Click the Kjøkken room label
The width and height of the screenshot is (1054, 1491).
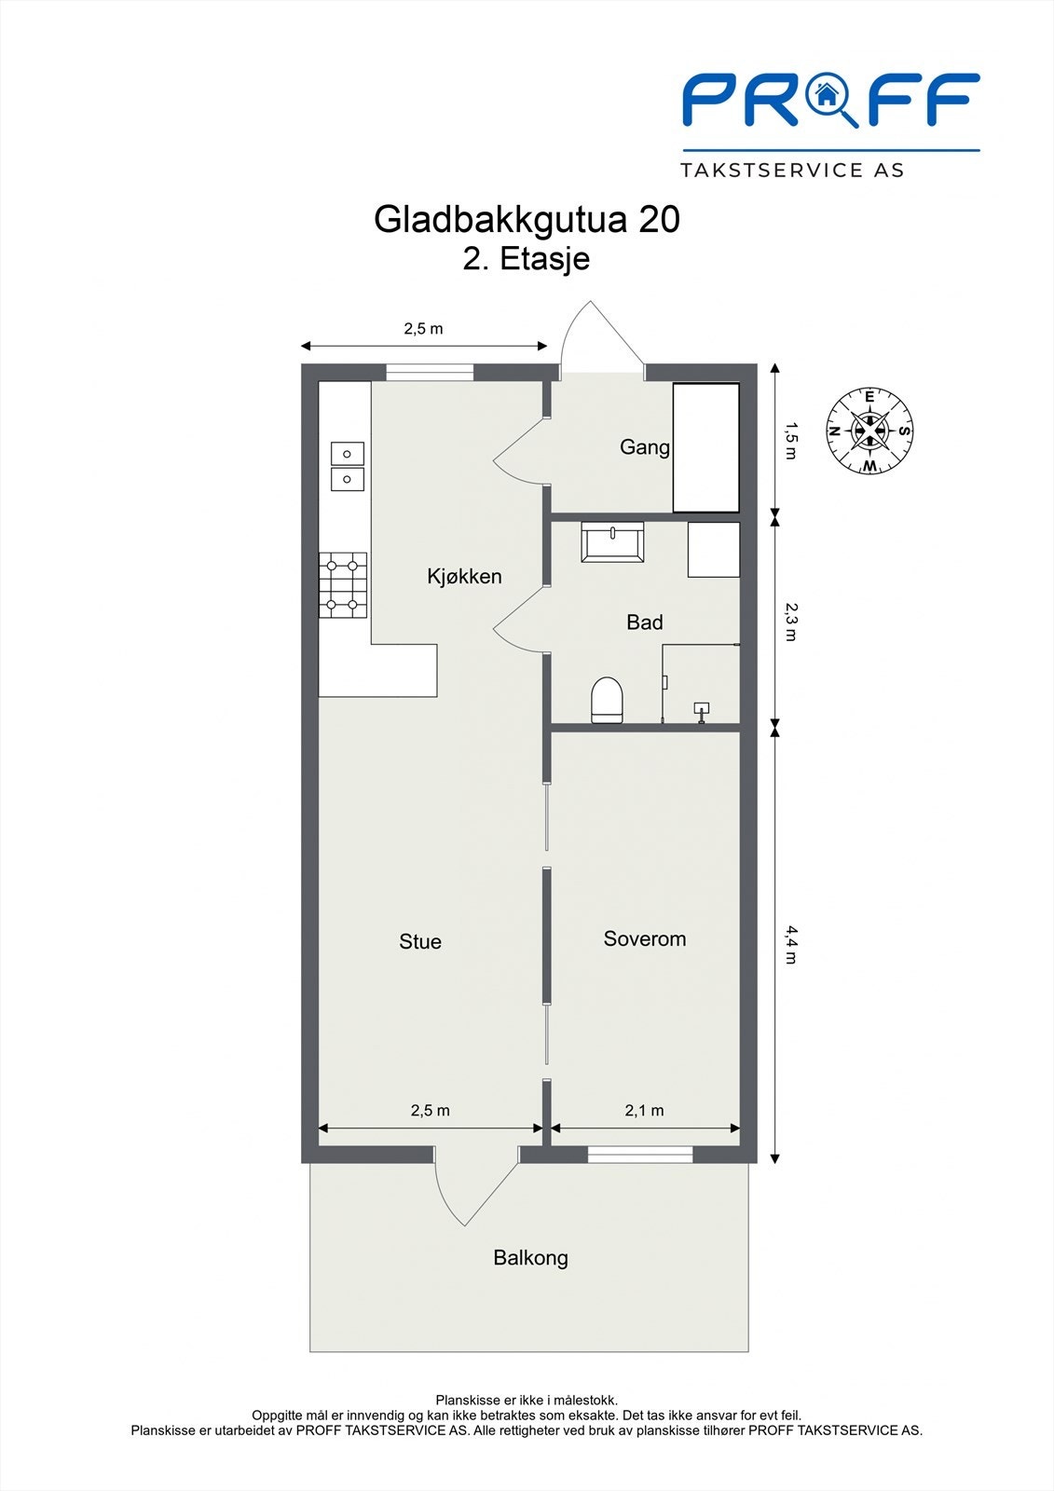click(464, 576)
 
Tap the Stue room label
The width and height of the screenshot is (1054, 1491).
click(420, 941)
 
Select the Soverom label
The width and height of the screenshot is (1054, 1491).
click(645, 938)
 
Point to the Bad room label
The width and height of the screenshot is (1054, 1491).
click(645, 622)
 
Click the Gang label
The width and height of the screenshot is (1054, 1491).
click(645, 447)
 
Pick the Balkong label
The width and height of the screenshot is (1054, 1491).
click(530, 1258)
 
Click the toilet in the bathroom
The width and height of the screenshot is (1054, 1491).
click(607, 700)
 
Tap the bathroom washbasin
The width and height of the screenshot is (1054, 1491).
click(612, 541)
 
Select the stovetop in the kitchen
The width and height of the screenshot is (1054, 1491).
click(343, 585)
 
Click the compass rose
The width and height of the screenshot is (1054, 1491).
click(869, 431)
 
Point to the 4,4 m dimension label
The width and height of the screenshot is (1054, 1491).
click(791, 945)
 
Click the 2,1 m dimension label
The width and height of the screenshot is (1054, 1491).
click(644, 1110)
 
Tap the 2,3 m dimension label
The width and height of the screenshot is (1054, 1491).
click(791, 622)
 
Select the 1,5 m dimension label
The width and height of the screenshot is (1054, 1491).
click(791, 441)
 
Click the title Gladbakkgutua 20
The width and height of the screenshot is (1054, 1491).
click(527, 219)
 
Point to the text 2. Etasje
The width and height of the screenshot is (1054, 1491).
click(526, 258)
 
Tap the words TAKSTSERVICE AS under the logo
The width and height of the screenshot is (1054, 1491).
click(792, 171)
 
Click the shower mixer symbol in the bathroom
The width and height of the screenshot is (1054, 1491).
click(701, 712)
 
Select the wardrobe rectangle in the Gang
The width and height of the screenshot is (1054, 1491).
click(705, 447)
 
